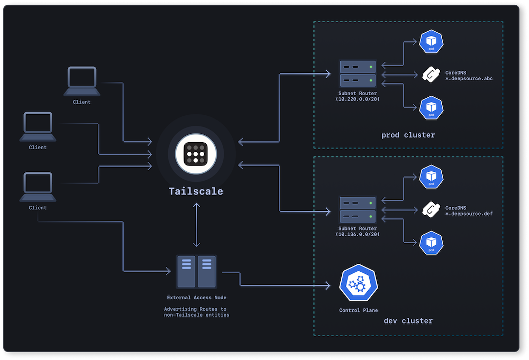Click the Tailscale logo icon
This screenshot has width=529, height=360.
click(x=196, y=154)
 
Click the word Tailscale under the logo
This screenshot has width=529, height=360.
click(x=196, y=191)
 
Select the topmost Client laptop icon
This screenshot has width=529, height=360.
click(x=82, y=81)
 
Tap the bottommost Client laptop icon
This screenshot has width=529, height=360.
click(x=38, y=187)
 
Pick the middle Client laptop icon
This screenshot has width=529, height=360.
click(x=38, y=127)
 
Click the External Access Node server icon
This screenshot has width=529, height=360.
click(x=196, y=271)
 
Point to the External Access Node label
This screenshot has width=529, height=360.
click(x=196, y=298)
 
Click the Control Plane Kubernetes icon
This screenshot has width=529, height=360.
click(x=358, y=284)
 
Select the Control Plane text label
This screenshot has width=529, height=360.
click(x=358, y=310)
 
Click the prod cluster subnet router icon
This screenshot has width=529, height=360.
click(x=358, y=73)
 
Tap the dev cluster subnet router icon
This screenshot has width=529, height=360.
click(x=358, y=209)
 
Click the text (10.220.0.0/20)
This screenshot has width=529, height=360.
click(x=358, y=99)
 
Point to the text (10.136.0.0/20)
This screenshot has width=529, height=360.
click(x=358, y=234)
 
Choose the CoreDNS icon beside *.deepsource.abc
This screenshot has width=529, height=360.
click(x=431, y=75)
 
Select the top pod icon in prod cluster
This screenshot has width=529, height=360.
click(x=431, y=42)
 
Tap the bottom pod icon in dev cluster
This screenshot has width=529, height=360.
click(x=431, y=243)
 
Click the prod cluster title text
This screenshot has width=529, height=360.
click(x=408, y=135)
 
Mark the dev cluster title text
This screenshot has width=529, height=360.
click(x=408, y=321)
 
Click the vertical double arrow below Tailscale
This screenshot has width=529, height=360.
click(x=196, y=225)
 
